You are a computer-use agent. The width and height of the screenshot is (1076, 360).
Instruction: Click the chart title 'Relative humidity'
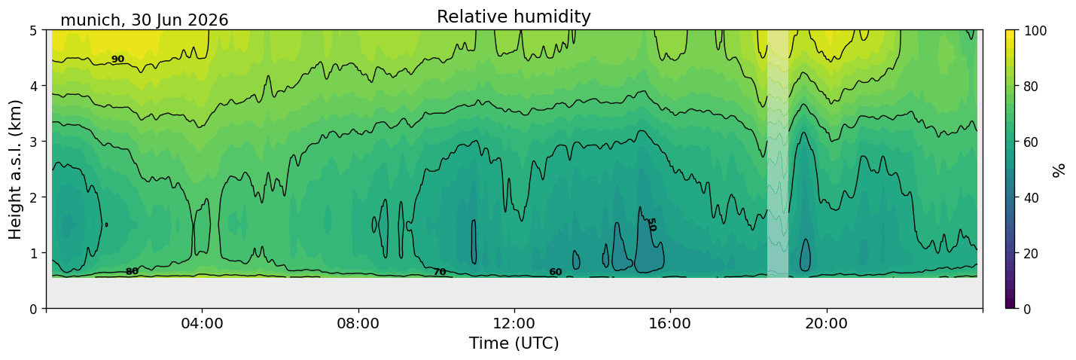pos(514,17)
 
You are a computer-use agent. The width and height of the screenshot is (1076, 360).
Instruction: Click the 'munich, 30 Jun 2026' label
pos(144,20)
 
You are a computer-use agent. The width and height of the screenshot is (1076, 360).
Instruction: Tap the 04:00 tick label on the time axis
pos(203,323)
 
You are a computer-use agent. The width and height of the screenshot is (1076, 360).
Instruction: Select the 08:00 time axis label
pos(358,323)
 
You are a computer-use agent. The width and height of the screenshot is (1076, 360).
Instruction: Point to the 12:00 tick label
pos(514,323)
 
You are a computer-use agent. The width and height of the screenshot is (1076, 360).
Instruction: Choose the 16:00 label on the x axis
pos(670,323)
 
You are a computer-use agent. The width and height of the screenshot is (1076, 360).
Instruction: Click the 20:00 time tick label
pos(826,323)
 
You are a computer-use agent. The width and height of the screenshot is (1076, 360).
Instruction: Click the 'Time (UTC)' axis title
pos(514,343)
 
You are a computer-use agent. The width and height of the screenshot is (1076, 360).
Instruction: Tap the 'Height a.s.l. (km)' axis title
pos(15,169)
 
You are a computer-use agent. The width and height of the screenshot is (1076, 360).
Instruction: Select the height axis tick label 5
pos(33,31)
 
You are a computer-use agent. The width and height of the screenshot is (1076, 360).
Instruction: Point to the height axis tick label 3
pos(33,142)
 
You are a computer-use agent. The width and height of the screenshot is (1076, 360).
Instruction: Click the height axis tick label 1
pos(33,253)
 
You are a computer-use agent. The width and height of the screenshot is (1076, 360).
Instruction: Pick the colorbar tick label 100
pos(1035,31)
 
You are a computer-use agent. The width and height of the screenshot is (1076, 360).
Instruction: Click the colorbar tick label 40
pos(1032,198)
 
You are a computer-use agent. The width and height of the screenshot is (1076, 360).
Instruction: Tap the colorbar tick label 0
pos(1028,309)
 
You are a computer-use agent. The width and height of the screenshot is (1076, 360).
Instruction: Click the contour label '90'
pos(117,59)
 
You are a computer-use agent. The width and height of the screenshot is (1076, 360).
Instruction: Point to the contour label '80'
pos(132,272)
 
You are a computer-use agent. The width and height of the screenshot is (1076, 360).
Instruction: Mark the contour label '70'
pos(440,272)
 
